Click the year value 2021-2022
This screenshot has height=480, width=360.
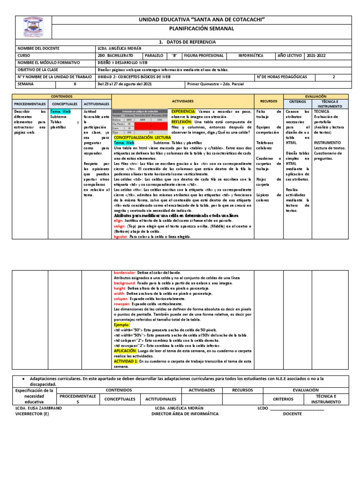(316, 55)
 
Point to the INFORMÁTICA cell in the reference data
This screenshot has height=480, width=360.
(251, 55)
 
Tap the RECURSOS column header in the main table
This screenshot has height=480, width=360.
(269, 101)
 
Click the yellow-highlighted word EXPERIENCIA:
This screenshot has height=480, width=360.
(183, 112)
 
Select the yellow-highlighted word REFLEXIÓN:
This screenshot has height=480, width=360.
(181, 121)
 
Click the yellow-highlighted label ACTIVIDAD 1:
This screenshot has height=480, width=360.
(125, 361)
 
